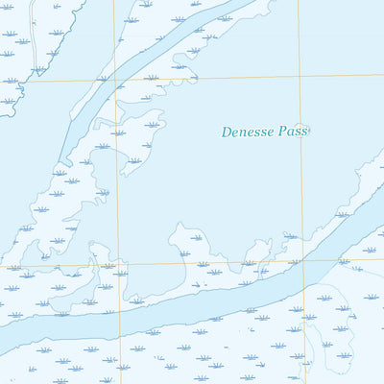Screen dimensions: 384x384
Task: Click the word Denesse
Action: pos(247,132)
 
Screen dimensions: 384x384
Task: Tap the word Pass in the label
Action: pos(291,132)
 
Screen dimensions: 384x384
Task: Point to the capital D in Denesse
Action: pos(227,132)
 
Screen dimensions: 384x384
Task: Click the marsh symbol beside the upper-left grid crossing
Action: pos(103,78)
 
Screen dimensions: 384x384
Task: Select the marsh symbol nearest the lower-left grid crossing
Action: pos(108,266)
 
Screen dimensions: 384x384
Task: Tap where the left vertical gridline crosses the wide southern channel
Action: pos(120,318)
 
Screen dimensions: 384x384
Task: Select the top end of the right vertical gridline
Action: pos(297,2)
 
